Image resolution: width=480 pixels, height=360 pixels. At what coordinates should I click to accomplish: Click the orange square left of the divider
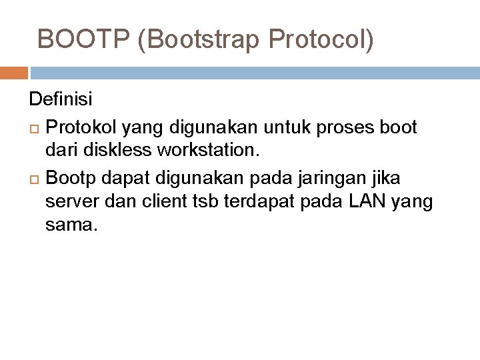[13, 73]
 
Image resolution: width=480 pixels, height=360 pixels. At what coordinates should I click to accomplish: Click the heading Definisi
[61, 100]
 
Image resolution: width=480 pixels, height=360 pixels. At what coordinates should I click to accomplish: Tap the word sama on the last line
[71, 225]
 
